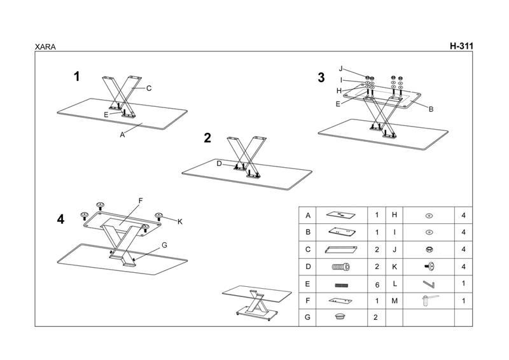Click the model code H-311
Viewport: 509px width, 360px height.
coord(461,46)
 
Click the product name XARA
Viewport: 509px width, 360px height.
coord(45,46)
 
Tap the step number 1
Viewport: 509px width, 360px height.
coord(77,77)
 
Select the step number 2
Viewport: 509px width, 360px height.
coord(207,138)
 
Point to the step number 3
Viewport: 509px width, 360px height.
coord(321,78)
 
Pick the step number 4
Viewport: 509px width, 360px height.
coord(60,219)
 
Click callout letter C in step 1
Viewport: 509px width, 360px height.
coord(148,88)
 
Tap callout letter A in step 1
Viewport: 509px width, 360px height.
coord(122,134)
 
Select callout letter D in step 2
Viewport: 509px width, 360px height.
coord(219,163)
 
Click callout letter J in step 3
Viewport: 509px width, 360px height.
coord(341,69)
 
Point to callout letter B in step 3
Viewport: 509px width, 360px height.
coord(431,109)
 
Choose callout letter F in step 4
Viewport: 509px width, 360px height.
coord(141,201)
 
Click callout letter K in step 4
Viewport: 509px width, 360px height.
coord(180,221)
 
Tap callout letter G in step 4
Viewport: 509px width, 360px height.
coord(164,245)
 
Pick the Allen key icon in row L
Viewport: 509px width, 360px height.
coord(428,283)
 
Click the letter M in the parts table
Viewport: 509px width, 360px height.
coord(394,300)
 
